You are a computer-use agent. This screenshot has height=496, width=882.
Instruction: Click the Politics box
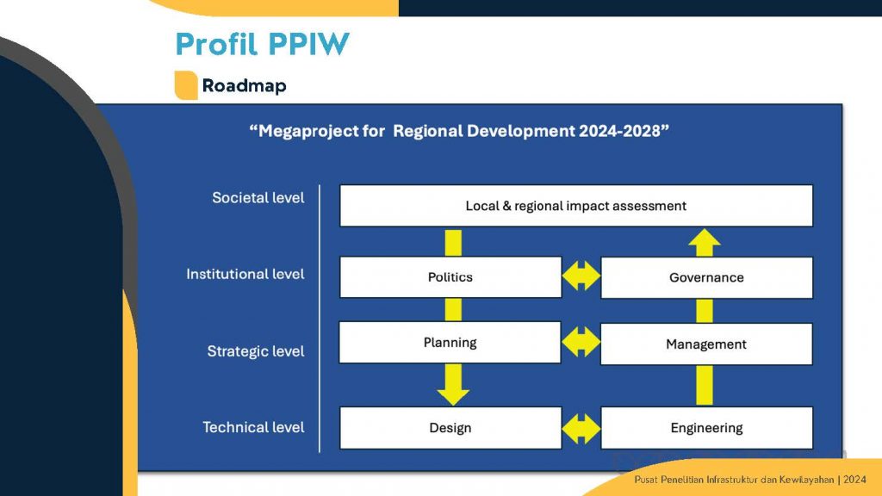pos(450,277)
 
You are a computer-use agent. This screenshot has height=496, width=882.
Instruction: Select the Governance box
pos(706,278)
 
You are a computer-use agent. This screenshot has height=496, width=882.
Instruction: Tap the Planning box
pos(450,343)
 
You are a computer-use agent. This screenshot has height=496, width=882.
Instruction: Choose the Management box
pos(706,344)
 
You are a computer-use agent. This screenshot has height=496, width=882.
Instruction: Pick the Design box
pos(450,428)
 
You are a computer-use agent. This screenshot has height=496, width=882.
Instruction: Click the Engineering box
pos(706,428)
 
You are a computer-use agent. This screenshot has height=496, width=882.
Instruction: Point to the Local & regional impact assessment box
pos(576,206)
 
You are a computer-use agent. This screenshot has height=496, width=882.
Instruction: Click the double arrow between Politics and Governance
pos(581,276)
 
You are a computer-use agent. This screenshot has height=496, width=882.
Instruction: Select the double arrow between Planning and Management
pos(581,342)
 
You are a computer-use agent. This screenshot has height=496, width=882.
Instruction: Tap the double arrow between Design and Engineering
pos(581,429)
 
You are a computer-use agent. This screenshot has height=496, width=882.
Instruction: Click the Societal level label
pos(258,198)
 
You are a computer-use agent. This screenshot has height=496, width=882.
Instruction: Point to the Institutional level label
pos(245,274)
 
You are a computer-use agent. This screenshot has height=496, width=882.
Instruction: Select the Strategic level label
pos(255,351)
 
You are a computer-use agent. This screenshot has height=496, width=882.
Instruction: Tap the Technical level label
pos(253,427)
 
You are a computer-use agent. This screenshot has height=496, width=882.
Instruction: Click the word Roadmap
pos(244,85)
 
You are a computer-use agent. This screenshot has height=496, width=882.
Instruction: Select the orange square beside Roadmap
pos(186,85)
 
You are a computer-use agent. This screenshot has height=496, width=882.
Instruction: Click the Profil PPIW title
pos(262,44)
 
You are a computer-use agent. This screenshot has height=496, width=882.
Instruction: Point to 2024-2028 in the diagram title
pos(618,131)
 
